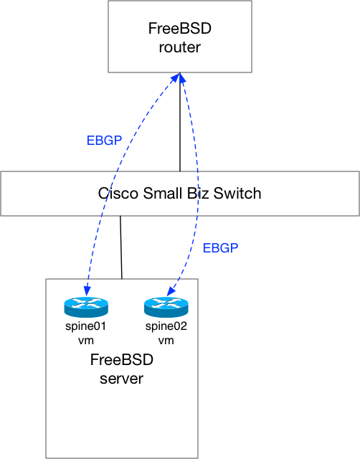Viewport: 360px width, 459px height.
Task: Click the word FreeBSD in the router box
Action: pyautogui.click(x=180, y=29)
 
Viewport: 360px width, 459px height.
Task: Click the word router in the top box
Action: pyautogui.click(x=180, y=47)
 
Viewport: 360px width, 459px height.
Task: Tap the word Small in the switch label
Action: pyautogui.click(x=162, y=193)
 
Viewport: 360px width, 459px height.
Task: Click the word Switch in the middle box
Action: pyautogui.click(x=237, y=193)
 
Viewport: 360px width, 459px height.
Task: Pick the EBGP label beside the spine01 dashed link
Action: pyautogui.click(x=104, y=141)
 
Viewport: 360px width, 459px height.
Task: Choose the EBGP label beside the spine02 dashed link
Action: pyautogui.click(x=220, y=248)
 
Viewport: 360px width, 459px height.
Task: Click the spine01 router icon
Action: pyautogui.click(x=86, y=307)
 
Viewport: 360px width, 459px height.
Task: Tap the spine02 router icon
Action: pyautogui.click(x=166, y=307)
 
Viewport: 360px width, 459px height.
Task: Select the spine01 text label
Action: pyautogui.click(x=86, y=326)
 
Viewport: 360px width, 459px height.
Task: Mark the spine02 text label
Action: pyautogui.click(x=166, y=326)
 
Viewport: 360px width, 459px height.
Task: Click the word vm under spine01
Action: pyautogui.click(x=86, y=341)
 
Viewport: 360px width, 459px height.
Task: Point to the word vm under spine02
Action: pyautogui.click(x=166, y=341)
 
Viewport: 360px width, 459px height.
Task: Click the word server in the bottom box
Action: pyautogui.click(x=121, y=379)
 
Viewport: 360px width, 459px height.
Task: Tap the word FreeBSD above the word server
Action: pyautogui.click(x=121, y=360)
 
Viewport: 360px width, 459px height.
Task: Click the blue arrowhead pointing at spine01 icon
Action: pyautogui.click(x=87, y=290)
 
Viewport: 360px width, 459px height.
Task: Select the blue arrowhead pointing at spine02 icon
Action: pyautogui.click(x=171, y=291)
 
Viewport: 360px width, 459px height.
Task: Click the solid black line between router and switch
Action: pyautogui.click(x=180, y=122)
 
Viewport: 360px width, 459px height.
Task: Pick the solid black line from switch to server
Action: pyautogui.click(x=121, y=247)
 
